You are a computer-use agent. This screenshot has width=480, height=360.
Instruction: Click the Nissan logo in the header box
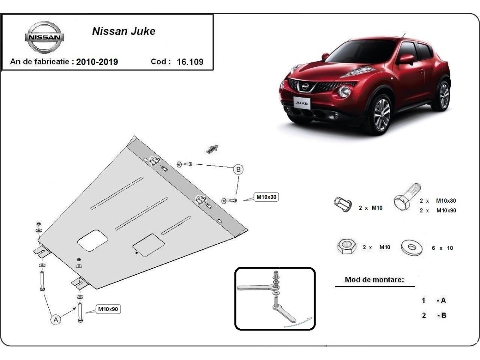(44, 37)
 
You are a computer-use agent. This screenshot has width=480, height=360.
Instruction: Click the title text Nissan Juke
(124, 31)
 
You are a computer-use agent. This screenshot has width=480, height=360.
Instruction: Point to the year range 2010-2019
(97, 62)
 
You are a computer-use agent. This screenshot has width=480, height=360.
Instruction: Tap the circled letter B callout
(238, 170)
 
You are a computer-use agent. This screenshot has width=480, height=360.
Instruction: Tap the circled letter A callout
(56, 319)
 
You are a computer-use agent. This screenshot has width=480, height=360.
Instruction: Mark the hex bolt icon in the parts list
(406, 197)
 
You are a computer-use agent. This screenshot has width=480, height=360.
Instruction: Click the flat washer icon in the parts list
(412, 248)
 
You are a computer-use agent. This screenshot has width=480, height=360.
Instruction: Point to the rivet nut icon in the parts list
(343, 204)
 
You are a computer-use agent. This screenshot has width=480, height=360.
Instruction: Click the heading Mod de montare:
(374, 280)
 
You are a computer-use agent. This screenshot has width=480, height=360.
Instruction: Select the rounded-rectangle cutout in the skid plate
(93, 240)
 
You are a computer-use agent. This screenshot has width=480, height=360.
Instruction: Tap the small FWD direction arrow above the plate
(212, 149)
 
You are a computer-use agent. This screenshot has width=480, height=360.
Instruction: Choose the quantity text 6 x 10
(442, 248)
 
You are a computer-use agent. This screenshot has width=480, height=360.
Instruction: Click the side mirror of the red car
(406, 59)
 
